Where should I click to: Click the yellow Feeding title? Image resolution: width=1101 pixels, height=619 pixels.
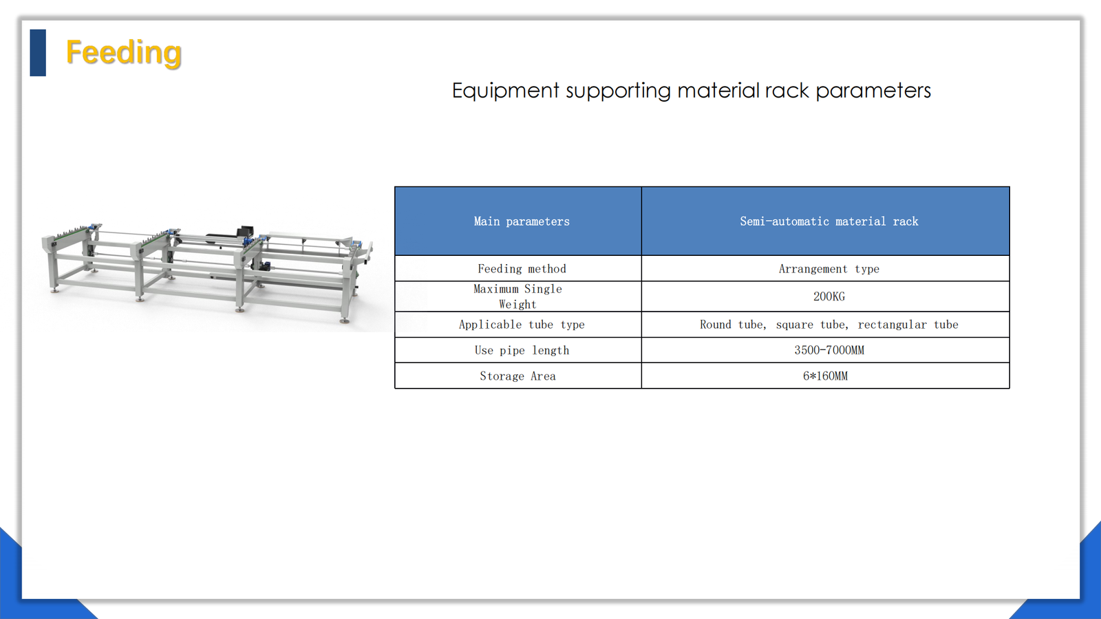(x=124, y=52)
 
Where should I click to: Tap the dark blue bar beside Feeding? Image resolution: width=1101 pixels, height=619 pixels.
(x=38, y=52)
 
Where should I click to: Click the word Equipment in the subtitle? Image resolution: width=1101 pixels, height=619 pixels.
(x=505, y=91)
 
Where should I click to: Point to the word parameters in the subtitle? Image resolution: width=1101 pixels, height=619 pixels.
(x=873, y=91)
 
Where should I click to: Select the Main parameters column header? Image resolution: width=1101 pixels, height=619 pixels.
(x=522, y=221)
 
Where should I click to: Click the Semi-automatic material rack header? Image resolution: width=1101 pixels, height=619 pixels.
(x=829, y=221)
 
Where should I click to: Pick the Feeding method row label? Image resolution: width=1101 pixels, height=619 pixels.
(x=522, y=269)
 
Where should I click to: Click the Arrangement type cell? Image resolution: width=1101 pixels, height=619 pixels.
(x=829, y=269)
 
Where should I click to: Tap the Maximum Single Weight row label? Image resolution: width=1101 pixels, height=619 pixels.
(x=517, y=296)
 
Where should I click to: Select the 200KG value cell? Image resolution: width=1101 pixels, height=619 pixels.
(x=829, y=296)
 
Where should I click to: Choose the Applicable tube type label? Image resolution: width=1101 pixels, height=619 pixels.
(x=522, y=325)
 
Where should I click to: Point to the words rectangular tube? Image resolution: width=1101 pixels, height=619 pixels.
(x=908, y=325)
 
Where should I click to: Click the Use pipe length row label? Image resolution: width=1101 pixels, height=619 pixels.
(x=522, y=350)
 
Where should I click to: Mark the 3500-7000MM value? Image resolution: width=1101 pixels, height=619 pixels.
(x=829, y=350)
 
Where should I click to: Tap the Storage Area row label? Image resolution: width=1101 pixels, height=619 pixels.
(x=517, y=376)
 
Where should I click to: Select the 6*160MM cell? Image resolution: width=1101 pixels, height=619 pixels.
(x=825, y=376)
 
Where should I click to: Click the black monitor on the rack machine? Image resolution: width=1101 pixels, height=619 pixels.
(x=245, y=231)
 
